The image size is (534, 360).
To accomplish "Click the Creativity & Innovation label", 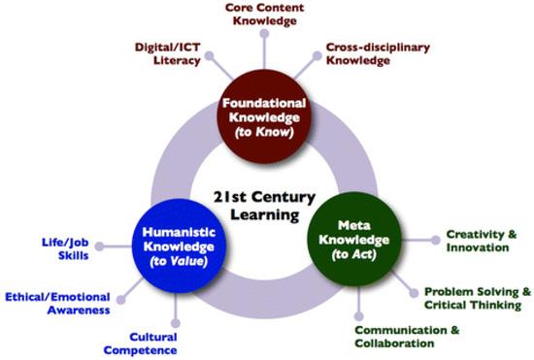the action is pos(477,241).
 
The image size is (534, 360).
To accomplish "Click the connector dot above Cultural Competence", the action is pos(176,322).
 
